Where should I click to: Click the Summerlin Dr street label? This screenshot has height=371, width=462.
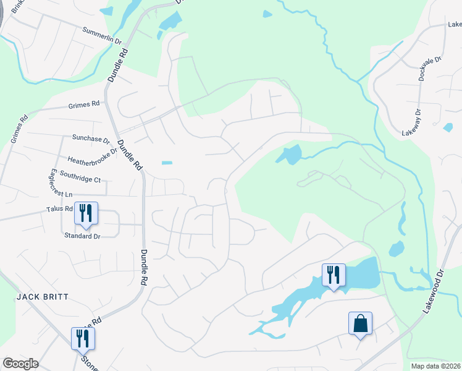(x=102, y=35)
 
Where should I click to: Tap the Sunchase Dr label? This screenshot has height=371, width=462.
(x=90, y=140)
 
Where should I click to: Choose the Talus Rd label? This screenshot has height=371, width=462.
(x=60, y=210)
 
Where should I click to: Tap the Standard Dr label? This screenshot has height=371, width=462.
(x=82, y=236)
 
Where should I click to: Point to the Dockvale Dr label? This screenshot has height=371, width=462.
(x=430, y=69)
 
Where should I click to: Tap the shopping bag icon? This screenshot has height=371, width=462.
(x=360, y=323)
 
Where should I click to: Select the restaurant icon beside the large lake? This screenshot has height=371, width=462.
(x=334, y=274)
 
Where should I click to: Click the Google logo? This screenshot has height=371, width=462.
(x=20, y=364)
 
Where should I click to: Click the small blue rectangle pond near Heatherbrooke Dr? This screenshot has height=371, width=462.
(x=167, y=163)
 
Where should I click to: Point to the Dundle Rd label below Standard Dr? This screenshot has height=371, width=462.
(x=144, y=267)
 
